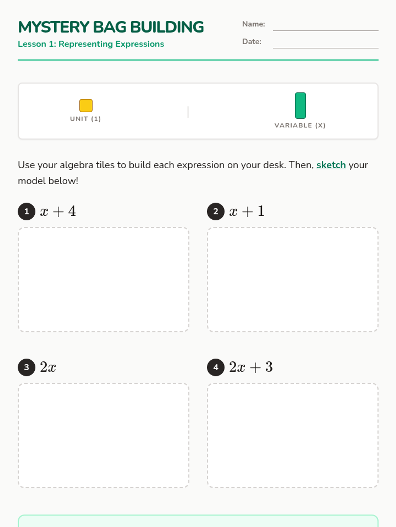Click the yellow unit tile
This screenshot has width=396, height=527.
pos(86,105)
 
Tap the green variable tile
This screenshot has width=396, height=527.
pos(300,105)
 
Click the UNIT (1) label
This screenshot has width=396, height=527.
pos(85,119)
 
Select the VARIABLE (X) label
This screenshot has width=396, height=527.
pos(300,125)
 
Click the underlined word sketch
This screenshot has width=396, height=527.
pos(331,165)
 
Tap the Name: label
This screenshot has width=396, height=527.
pos(253,24)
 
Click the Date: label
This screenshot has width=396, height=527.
pos(251,42)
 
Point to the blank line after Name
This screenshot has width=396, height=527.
pos(326,31)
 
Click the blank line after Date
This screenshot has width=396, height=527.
pos(326,48)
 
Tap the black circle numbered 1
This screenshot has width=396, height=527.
pos(26,211)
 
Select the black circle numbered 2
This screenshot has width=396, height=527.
pos(216,211)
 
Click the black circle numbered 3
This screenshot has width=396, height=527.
pos(26,367)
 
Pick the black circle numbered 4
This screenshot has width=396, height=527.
pos(216,367)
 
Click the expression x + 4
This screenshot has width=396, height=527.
pos(58,211)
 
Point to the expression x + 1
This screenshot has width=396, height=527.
pos(247,211)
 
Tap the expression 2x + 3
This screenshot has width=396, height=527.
pos(251,367)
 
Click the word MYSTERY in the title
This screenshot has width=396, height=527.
pos(53,27)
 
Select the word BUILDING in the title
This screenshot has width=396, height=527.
pos(167,27)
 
